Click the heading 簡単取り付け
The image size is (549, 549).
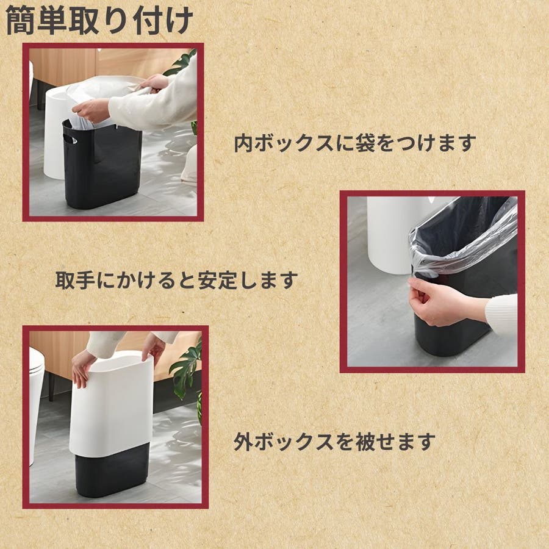(x=99, y=21)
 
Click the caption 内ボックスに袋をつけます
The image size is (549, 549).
(x=355, y=143)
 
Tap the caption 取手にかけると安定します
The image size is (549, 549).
(x=177, y=280)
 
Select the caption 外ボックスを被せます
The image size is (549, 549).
(x=334, y=442)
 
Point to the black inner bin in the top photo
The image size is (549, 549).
(x=102, y=164)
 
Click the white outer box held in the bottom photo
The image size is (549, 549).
(x=112, y=406)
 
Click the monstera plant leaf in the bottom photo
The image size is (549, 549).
(x=185, y=371)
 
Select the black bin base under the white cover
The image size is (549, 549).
(x=112, y=470)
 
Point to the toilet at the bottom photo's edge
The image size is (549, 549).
(x=36, y=403)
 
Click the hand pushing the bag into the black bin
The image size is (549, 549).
(x=91, y=110)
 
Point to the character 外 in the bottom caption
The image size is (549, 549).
(x=243, y=442)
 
